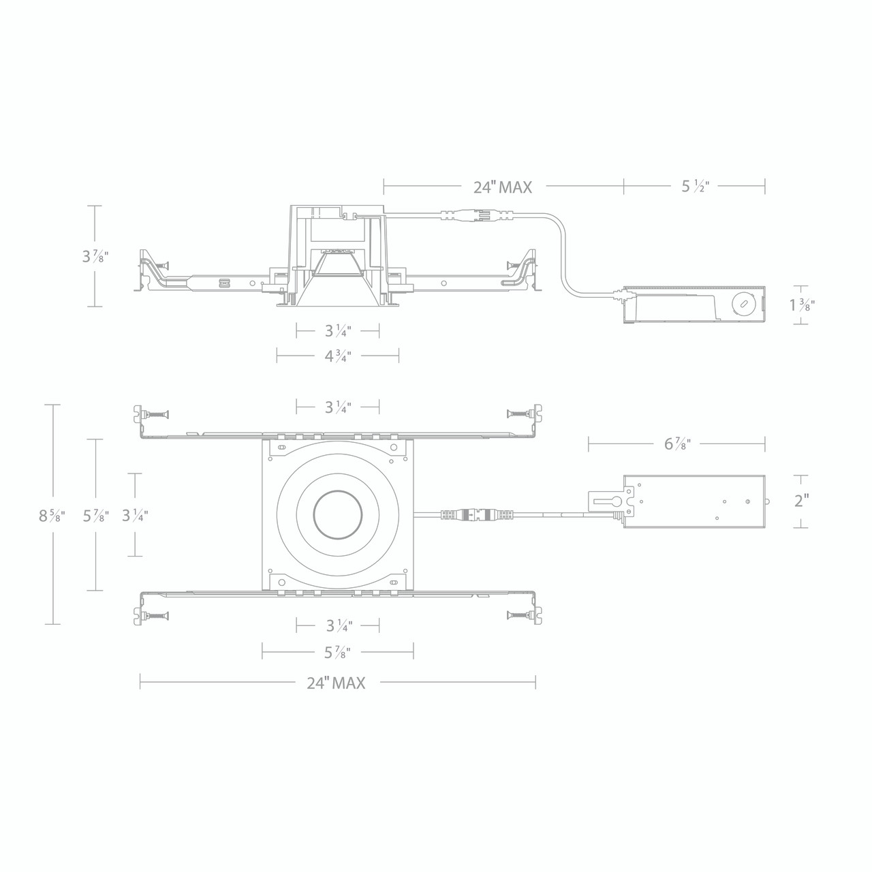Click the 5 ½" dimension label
(x=696, y=187)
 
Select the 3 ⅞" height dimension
(x=95, y=256)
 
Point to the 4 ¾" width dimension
(x=337, y=356)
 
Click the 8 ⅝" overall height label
(x=52, y=516)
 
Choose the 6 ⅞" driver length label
(x=677, y=444)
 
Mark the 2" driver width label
(x=801, y=501)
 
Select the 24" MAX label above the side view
(x=502, y=187)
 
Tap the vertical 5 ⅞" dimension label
(x=95, y=516)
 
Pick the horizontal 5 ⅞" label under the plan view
(x=337, y=653)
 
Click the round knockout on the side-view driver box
(x=743, y=303)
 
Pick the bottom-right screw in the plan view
(x=519, y=616)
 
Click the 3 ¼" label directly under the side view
(x=337, y=331)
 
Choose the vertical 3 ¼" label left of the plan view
(x=135, y=516)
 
